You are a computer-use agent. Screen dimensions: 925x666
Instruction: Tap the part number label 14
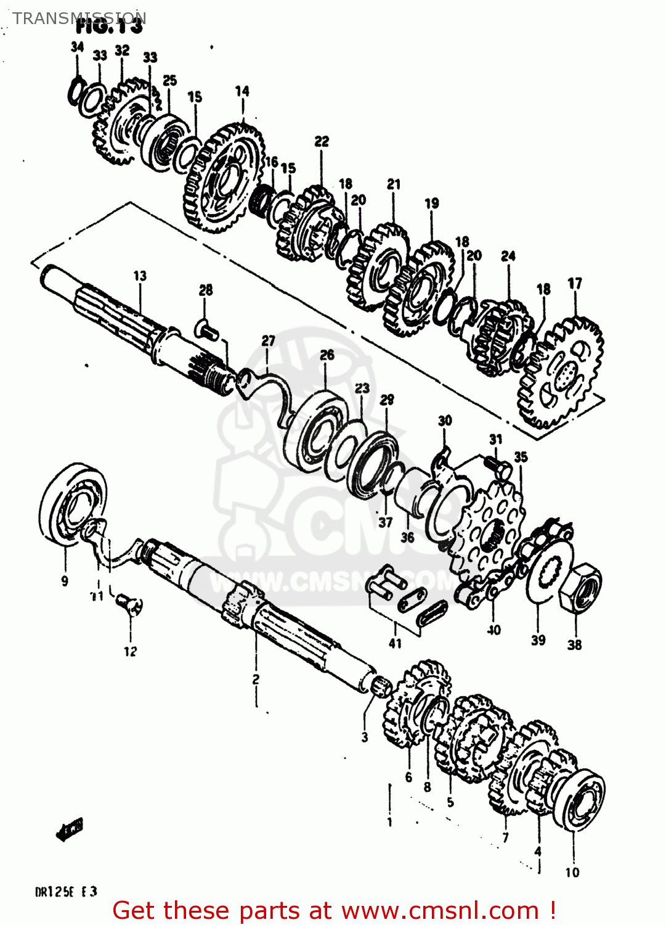pos(242,91)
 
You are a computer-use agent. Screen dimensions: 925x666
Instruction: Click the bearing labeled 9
pos(71,504)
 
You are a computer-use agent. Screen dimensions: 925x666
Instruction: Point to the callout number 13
pos(140,276)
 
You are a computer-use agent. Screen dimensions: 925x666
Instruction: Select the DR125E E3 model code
pos(66,892)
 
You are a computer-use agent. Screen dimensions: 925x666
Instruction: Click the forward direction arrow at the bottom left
pos(69,829)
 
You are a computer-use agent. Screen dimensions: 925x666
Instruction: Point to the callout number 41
pos(395,643)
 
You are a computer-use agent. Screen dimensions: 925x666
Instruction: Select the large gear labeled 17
pos(561,373)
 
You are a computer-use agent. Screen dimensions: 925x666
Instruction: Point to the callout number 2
pos(256,679)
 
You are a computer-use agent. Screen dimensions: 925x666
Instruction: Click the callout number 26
pos(327,355)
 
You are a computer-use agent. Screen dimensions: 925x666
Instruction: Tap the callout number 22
pos(322,141)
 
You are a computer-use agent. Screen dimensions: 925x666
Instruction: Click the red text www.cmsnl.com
pos(440,910)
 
